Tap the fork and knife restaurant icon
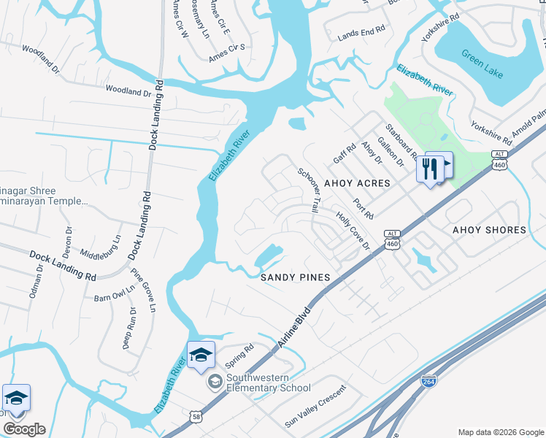point(430,169)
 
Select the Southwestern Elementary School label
point(268,383)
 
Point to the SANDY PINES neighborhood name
point(296,277)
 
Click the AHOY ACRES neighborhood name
point(357,182)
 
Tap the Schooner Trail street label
point(307,190)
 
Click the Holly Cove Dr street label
point(353,231)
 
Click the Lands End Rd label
point(361,34)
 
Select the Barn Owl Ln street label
point(115,293)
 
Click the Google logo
point(24,429)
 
